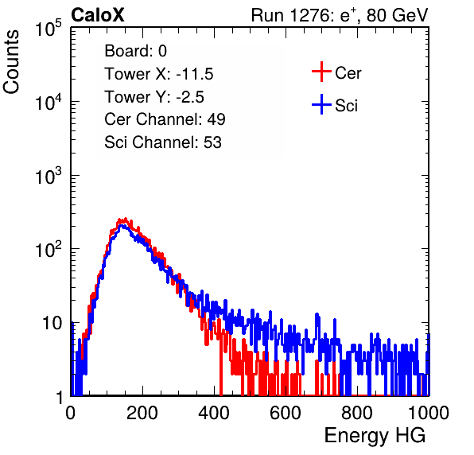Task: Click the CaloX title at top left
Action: click(98, 15)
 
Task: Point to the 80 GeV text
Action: click(397, 15)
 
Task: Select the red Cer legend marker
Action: click(321, 72)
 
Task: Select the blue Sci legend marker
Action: click(321, 104)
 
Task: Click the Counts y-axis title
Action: click(11, 61)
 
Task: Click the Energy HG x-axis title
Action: click(375, 436)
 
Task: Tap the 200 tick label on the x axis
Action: click(142, 412)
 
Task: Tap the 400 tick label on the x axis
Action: click(214, 412)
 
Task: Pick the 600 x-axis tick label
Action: click(286, 412)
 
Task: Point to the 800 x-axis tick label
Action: click(357, 412)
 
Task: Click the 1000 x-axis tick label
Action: click(429, 412)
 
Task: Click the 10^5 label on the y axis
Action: click(49, 28)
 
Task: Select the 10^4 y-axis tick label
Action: click(49, 102)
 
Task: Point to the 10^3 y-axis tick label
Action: click(49, 176)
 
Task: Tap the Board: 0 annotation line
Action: click(135, 51)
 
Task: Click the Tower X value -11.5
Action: click(195, 74)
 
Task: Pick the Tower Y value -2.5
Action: click(190, 97)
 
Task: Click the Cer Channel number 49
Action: click(216, 119)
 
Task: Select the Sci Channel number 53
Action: click(212, 142)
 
